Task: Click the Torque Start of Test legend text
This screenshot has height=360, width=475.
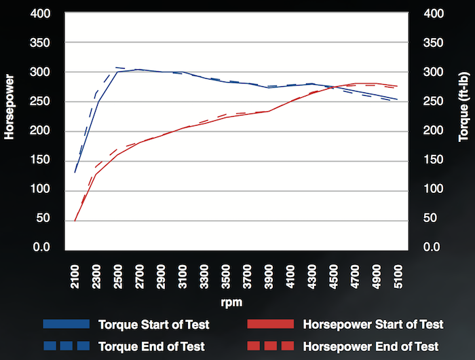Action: coord(153,324)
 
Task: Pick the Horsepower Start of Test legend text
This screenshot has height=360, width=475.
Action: coord(372,324)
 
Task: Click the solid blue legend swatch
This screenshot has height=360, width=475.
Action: coord(66,324)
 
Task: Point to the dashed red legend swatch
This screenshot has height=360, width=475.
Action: coord(270,346)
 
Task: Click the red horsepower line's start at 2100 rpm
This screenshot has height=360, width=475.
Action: coord(75,220)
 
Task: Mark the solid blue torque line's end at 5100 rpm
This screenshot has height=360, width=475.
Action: coord(398,100)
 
